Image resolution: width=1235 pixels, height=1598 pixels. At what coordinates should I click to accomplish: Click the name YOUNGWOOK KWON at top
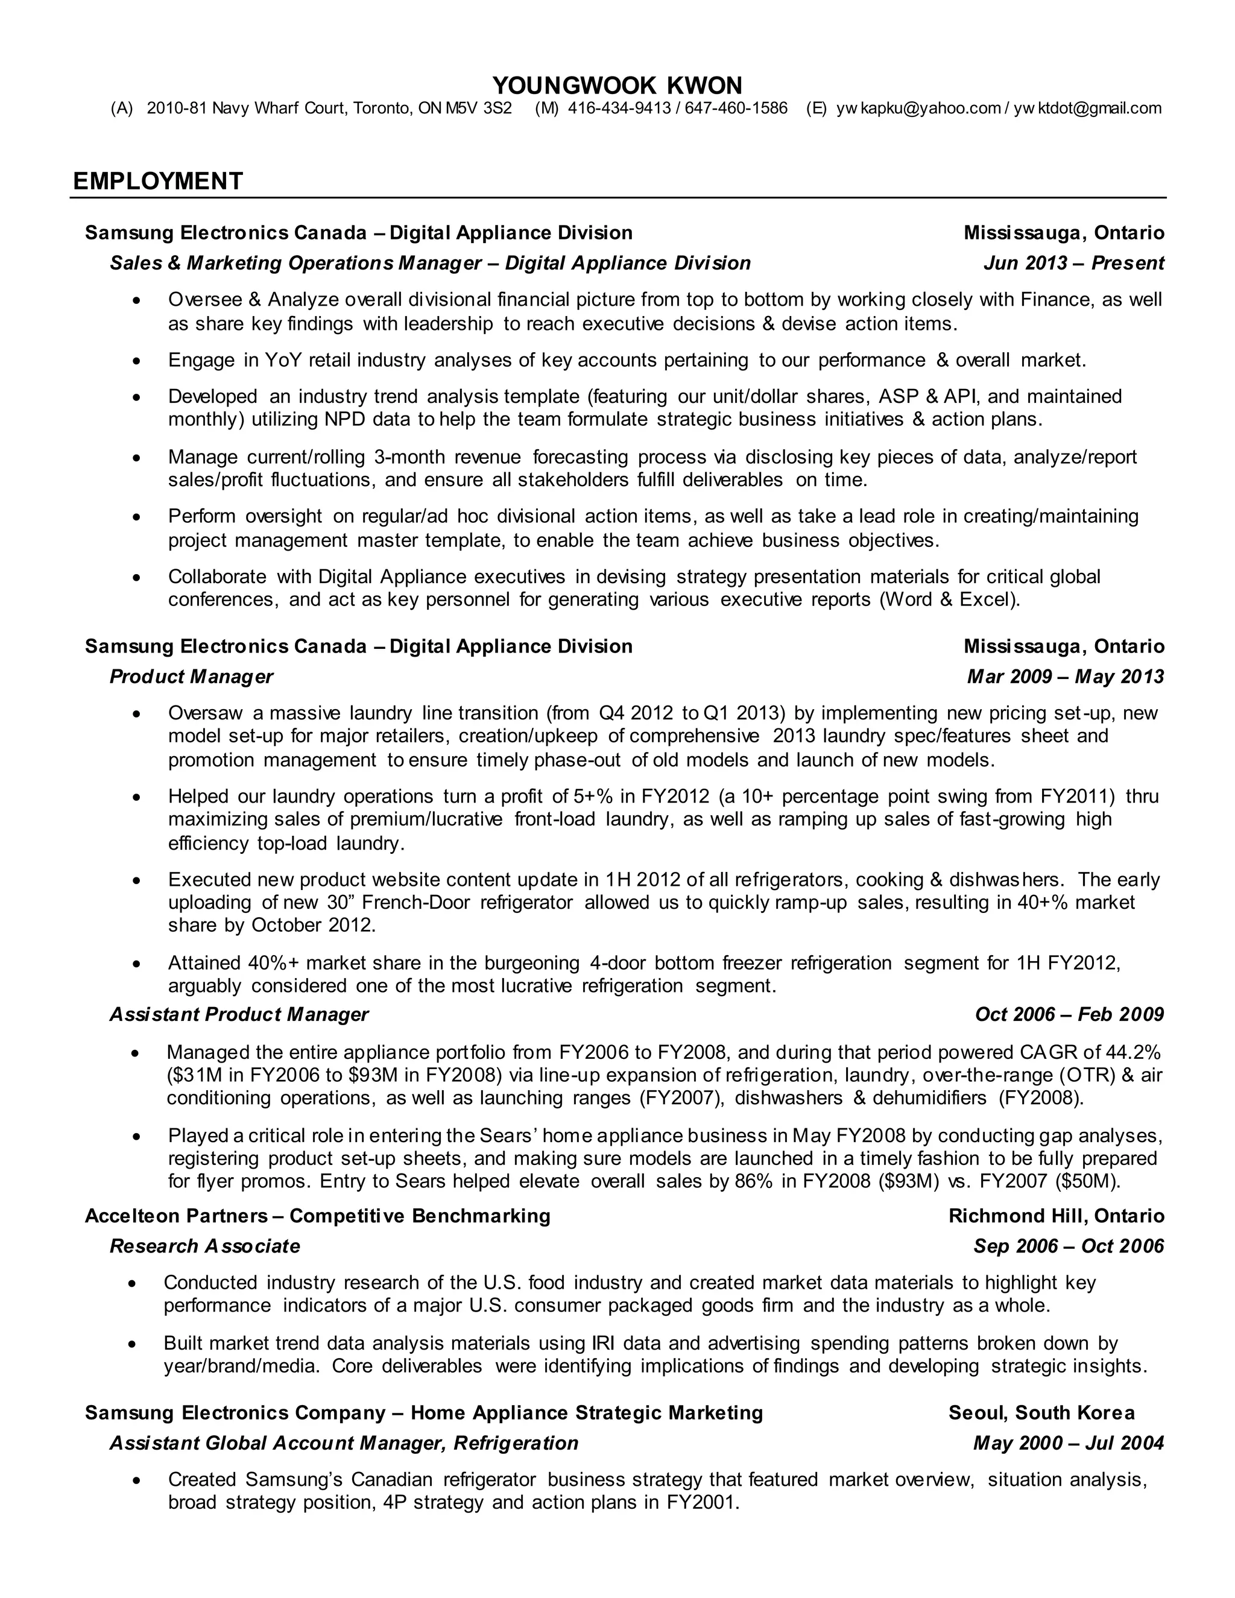tap(617, 86)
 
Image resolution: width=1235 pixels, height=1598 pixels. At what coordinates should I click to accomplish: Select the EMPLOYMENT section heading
tap(157, 181)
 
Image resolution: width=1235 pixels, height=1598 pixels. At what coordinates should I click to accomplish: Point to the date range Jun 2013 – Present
tap(1073, 263)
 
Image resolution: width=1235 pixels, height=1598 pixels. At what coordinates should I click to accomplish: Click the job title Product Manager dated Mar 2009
tap(191, 676)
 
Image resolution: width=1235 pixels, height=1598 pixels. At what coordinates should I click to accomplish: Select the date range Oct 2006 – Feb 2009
tap(1069, 1014)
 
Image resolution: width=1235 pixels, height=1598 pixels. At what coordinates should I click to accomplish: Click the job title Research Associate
tap(205, 1245)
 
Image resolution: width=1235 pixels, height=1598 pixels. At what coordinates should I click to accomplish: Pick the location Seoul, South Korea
tap(1041, 1412)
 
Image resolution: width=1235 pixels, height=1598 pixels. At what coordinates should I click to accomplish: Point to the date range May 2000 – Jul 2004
tap(1068, 1442)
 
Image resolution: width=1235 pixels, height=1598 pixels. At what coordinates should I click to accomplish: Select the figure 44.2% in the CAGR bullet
tap(1132, 1052)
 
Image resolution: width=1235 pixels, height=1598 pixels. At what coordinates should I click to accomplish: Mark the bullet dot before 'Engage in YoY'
tap(136, 361)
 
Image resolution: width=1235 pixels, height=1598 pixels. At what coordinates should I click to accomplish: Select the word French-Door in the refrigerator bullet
tap(415, 902)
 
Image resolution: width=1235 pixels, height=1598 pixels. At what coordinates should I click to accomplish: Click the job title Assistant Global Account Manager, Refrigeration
tap(344, 1442)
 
